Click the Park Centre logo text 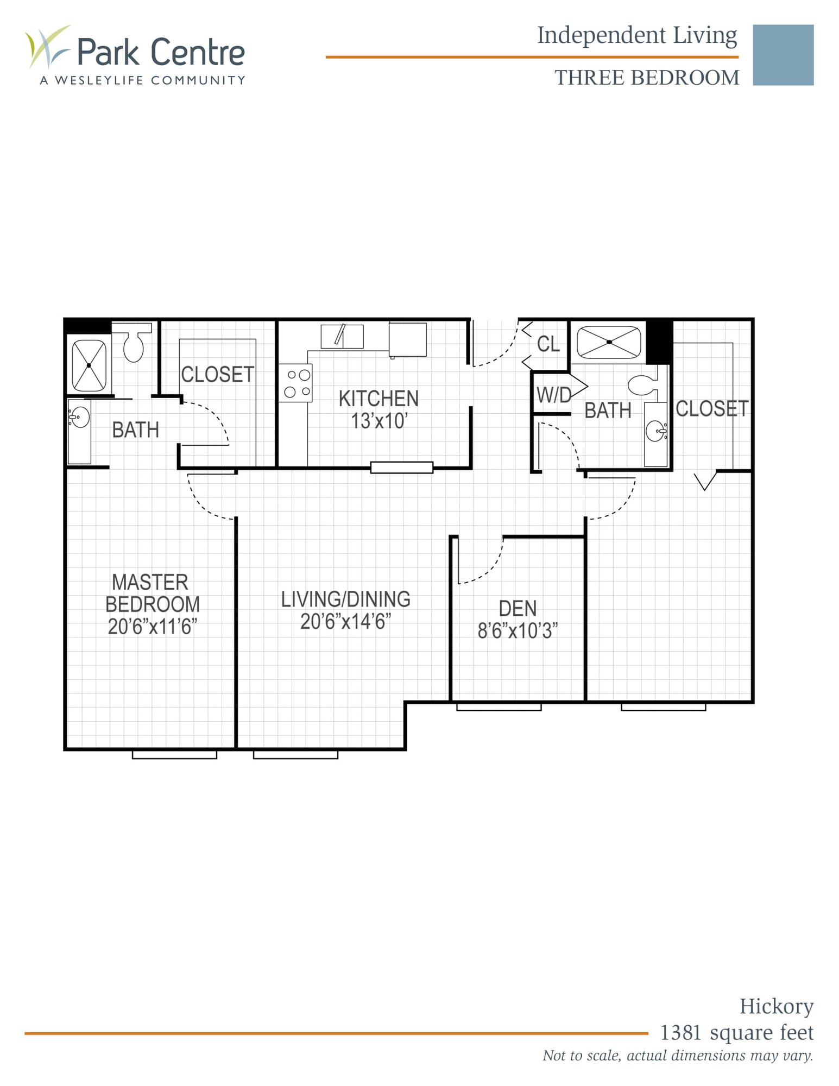point(161,52)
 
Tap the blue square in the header point(783,55)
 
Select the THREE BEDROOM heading point(646,78)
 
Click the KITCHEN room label point(379,399)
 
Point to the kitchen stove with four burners point(296,383)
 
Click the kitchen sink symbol point(342,336)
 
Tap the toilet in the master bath point(133,344)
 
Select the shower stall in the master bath point(89,365)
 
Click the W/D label point(553,395)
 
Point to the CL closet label point(548,344)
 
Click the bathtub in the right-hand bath point(609,342)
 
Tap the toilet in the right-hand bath point(642,385)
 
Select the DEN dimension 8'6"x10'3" point(518,631)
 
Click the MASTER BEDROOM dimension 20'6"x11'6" point(152,627)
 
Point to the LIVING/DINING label point(345,599)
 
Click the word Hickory point(776,1006)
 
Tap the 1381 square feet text point(736,1032)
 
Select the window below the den point(499,707)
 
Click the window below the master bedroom point(174,755)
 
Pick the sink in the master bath point(80,418)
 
